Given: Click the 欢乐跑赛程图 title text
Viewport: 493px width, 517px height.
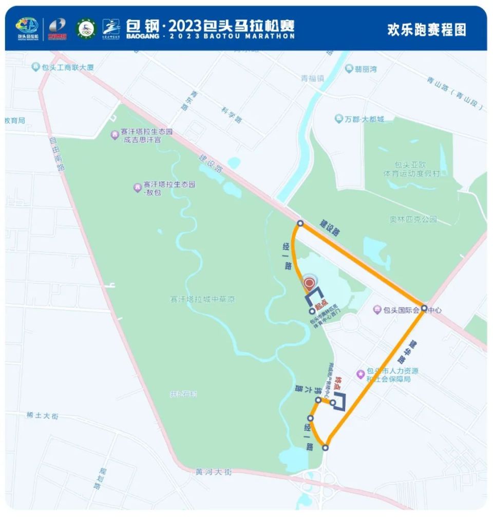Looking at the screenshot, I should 426,29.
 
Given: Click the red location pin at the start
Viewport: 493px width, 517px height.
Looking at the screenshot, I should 309,283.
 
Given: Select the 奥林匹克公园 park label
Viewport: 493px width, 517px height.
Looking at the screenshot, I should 413,219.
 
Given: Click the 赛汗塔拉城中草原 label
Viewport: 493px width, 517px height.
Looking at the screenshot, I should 202,299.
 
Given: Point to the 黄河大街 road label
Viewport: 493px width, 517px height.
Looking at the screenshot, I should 214,471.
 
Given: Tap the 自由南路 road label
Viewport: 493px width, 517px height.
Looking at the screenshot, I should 58,153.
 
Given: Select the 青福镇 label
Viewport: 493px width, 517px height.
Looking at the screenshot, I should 312,78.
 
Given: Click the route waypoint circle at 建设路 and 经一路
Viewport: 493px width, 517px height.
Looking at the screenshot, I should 300,224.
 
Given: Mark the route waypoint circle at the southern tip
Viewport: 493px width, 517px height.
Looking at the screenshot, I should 325,448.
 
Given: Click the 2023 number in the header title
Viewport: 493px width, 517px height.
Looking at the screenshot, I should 185,25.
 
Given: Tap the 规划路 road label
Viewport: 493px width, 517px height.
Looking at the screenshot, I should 101,478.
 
